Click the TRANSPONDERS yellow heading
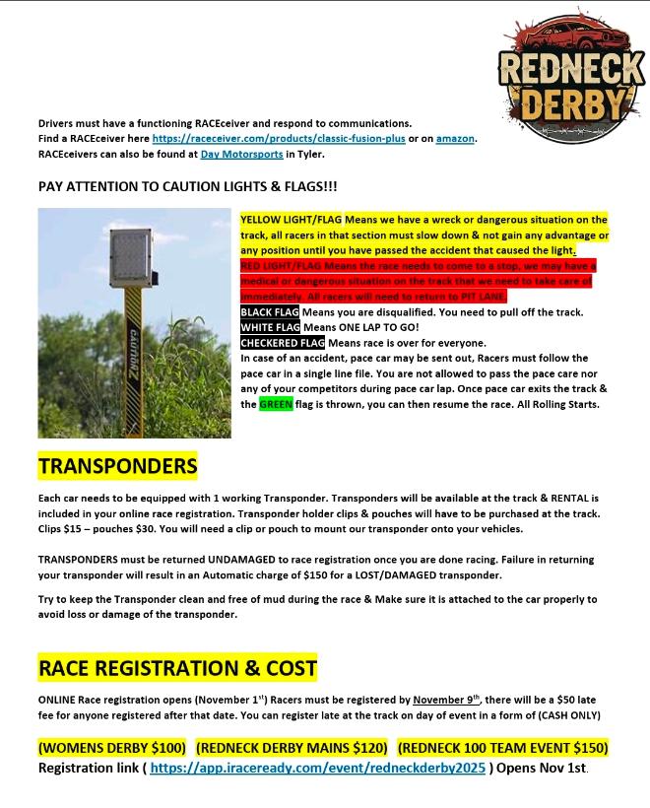[x=117, y=465]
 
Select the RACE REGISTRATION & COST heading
[x=177, y=669]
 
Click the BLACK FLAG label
[x=270, y=312]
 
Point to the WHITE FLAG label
[x=270, y=327]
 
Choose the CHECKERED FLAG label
[x=283, y=343]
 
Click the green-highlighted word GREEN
[x=276, y=404]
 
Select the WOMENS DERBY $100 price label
[x=112, y=748]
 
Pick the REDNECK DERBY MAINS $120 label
[x=292, y=748]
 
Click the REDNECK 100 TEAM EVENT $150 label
[x=502, y=748]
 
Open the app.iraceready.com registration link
[x=318, y=768]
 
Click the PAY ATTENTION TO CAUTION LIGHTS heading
[x=187, y=186]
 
